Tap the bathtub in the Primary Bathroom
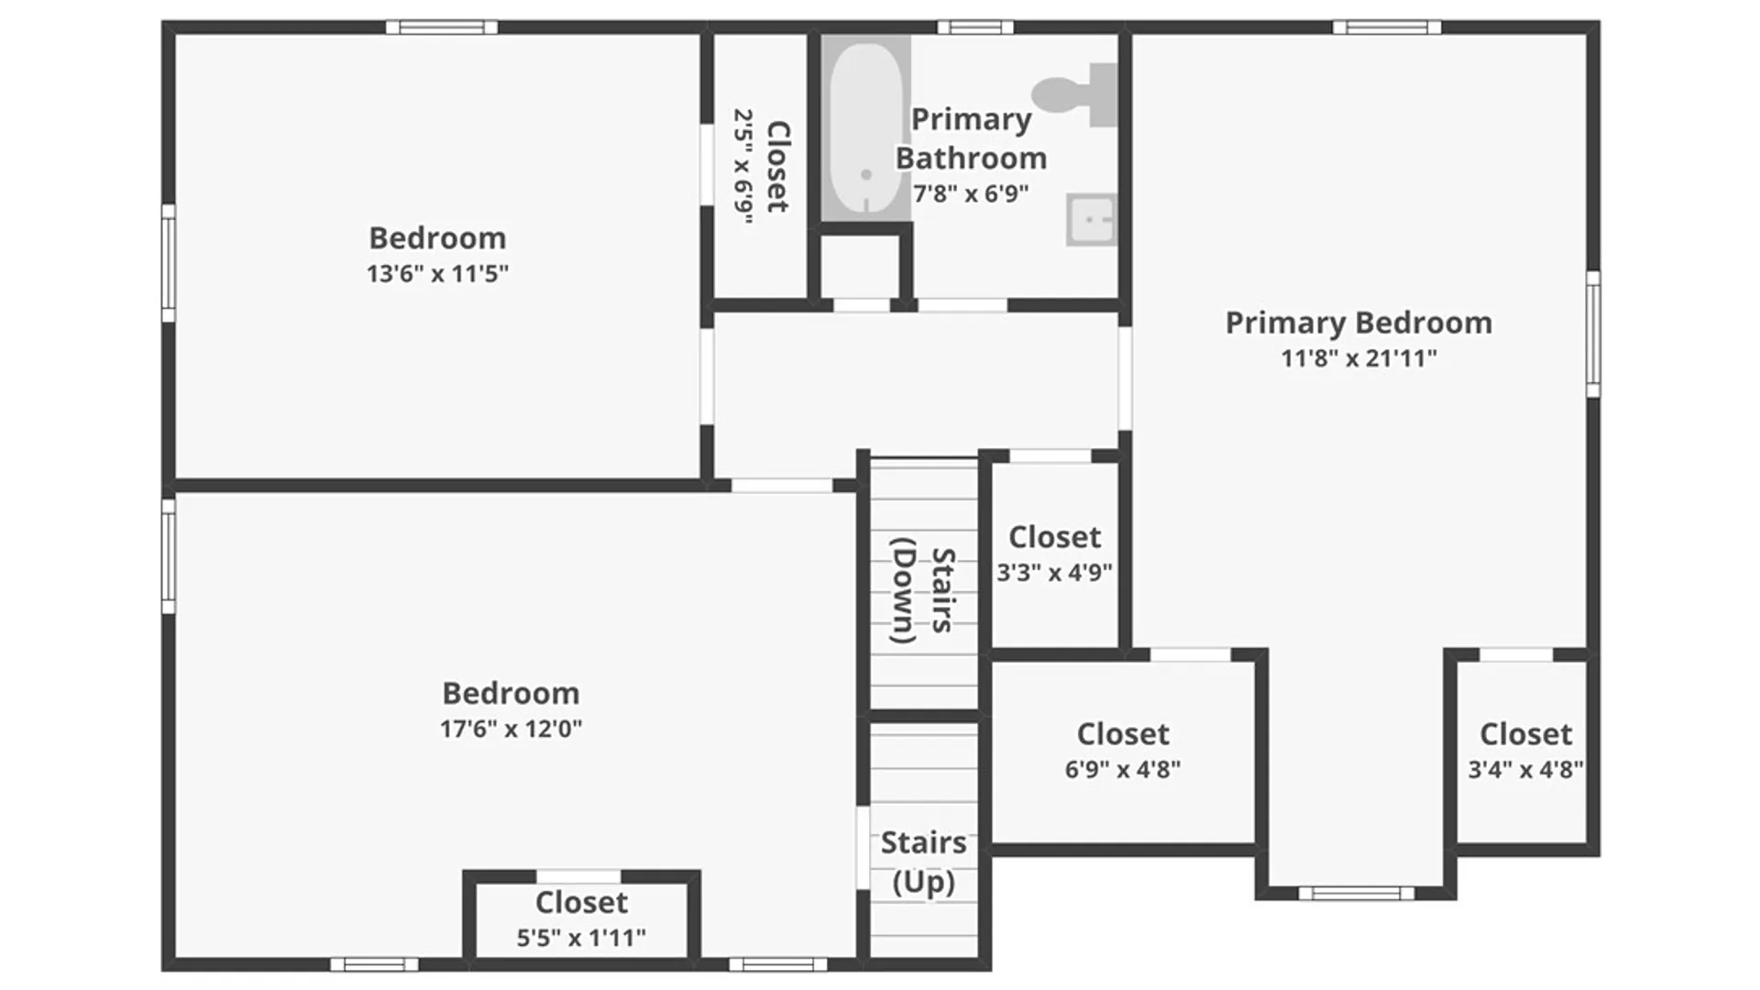tap(865, 128)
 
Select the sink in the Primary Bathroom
tap(1091, 220)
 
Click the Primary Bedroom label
tap(1358, 323)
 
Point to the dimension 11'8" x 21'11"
tap(1358, 357)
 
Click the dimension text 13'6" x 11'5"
tap(437, 273)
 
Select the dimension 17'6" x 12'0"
tap(511, 729)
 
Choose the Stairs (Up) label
tap(923, 862)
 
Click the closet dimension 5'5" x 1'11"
tap(581, 938)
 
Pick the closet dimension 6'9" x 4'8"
tap(1122, 769)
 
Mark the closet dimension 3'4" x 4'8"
tap(1525, 769)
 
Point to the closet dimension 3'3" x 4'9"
tap(1054, 573)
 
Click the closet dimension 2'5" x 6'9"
tap(743, 167)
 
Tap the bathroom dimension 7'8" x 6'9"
tap(971, 193)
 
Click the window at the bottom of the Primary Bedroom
tap(1356, 893)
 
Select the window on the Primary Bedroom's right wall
tap(1593, 334)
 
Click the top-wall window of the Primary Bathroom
tap(975, 27)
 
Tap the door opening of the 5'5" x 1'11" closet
tap(578, 876)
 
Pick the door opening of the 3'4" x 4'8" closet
tap(1516, 654)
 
